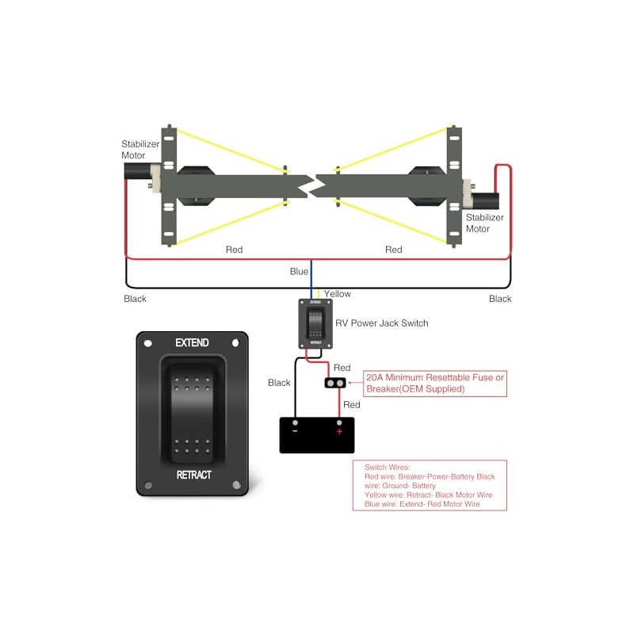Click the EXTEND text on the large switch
pyautogui.click(x=192, y=343)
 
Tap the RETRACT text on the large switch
pyautogui.click(x=193, y=475)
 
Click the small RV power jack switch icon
pyautogui.click(x=315, y=323)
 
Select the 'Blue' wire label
pyautogui.click(x=299, y=272)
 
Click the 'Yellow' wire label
pyautogui.click(x=337, y=294)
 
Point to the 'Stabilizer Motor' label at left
pyautogui.click(x=140, y=150)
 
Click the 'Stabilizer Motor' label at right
pyautogui.click(x=484, y=223)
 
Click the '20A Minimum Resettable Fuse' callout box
pyautogui.click(x=434, y=383)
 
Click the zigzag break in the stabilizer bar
pyautogui.click(x=311, y=185)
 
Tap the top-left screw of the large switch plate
pyautogui.click(x=147, y=344)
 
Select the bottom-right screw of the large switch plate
pyautogui.click(x=235, y=485)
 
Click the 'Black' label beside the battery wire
pyautogui.click(x=279, y=383)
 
